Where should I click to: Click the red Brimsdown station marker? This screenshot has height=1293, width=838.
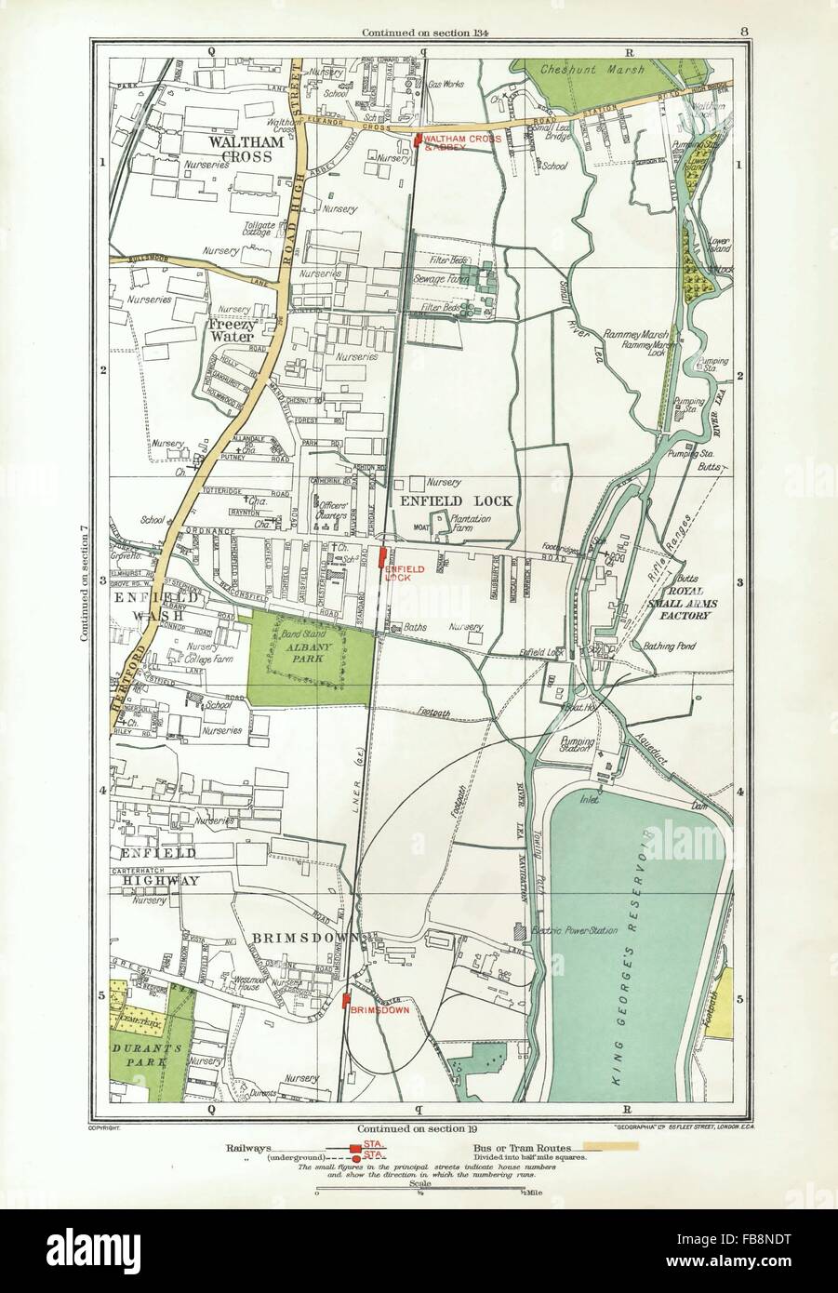click(x=347, y=1001)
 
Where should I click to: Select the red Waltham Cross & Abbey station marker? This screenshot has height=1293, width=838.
click(x=419, y=140)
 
